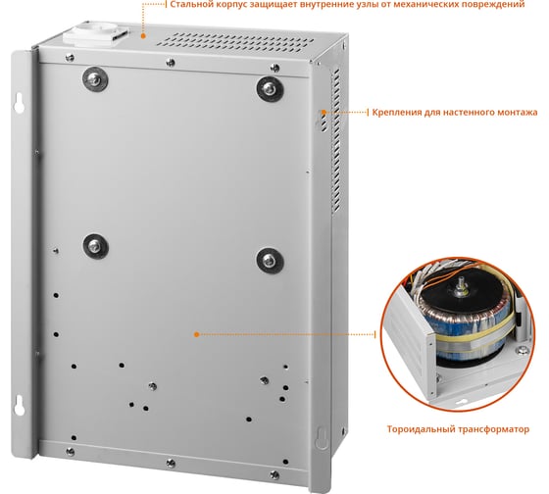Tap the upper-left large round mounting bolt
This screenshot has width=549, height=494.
(95, 79)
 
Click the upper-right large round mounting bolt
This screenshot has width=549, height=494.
(270, 89)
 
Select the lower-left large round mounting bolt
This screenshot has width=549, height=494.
(96, 246)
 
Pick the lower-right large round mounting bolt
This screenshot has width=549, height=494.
(270, 261)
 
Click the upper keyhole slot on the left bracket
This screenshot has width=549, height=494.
(19, 102)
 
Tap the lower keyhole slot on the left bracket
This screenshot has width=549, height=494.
(19, 405)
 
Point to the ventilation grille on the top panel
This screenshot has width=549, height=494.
(235, 40)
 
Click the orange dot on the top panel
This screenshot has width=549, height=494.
(143, 35)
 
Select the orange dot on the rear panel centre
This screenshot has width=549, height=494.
(196, 334)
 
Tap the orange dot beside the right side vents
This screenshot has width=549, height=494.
(324, 113)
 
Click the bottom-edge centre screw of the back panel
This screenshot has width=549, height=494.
(171, 464)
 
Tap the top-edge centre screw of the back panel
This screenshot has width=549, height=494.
(171, 63)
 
